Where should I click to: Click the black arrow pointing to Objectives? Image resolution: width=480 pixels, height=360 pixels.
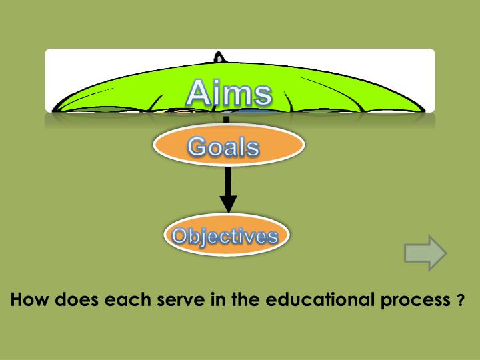228,187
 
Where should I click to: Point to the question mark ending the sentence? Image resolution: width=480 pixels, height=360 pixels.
461,301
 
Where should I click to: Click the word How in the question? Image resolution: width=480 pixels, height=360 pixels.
29,299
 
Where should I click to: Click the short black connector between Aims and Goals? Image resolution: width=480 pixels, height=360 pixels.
226,119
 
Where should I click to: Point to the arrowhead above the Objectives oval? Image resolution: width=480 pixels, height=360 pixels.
228,204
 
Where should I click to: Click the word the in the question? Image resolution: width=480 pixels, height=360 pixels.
247,299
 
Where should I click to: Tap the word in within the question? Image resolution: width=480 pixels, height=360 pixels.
221,299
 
